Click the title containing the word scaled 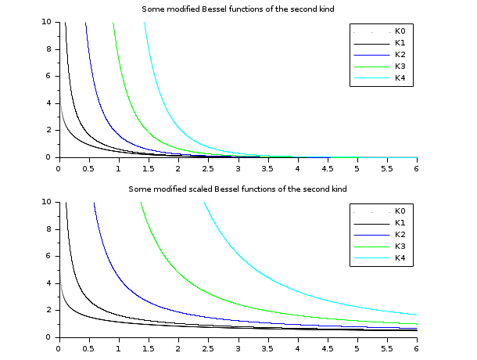(x=238, y=189)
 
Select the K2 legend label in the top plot (x=400, y=54)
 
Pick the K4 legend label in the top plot (x=400, y=77)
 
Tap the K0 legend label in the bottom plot (x=400, y=211)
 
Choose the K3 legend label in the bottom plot (x=400, y=246)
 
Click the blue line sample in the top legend (x=370, y=54)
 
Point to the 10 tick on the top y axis (x=48, y=22)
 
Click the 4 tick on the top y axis (x=50, y=103)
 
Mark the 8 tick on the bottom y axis (x=50, y=229)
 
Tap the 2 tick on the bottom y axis (x=50, y=310)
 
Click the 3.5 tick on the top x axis (x=267, y=167)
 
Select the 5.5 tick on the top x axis (x=387, y=167)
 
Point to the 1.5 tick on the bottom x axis (x=148, y=347)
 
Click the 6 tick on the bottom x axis (x=417, y=347)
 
